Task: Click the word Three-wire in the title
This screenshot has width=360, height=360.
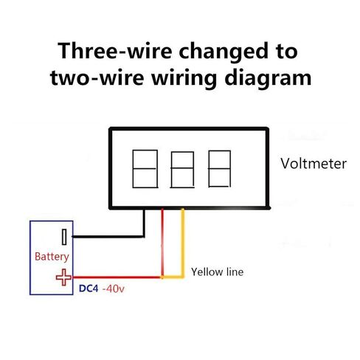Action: (x=114, y=51)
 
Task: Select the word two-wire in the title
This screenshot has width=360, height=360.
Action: (x=97, y=77)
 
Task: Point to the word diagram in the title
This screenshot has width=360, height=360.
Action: (x=268, y=78)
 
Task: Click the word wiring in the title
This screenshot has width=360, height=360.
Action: (x=184, y=78)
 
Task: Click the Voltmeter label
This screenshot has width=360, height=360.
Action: (x=314, y=164)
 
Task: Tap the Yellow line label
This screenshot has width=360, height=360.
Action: (x=218, y=272)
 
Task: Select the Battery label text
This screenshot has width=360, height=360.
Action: (x=52, y=257)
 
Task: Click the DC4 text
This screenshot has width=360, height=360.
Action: (x=89, y=288)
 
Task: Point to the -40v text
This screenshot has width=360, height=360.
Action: (x=114, y=288)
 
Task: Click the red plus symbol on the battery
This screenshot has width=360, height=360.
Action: (x=63, y=277)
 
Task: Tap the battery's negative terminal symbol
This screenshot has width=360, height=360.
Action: (x=64, y=237)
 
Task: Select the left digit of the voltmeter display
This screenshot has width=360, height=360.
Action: (x=145, y=169)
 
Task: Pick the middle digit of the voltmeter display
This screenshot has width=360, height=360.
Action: (x=182, y=170)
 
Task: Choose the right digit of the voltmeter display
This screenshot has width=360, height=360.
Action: (x=219, y=169)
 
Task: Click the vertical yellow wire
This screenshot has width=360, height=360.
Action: (x=183, y=243)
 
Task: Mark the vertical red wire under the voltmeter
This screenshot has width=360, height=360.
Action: (x=162, y=243)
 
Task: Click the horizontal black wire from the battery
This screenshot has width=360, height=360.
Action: (x=108, y=237)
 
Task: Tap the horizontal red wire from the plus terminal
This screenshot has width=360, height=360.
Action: (x=117, y=277)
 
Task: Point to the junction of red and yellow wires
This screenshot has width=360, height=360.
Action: (x=162, y=277)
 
